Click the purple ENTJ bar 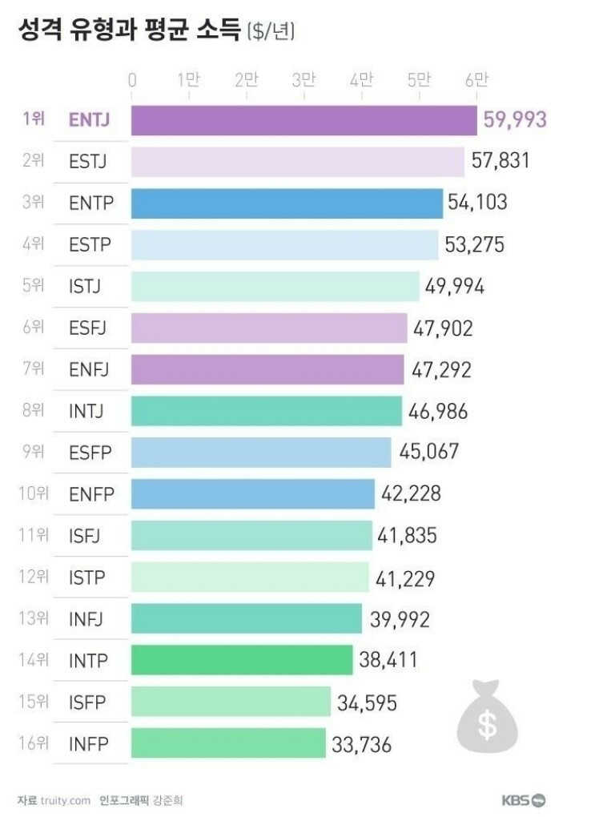click(304, 120)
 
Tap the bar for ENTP click(287, 203)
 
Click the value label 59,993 click(515, 120)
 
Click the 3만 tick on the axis click(304, 80)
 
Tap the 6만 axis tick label click(476, 80)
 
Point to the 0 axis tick click(132, 80)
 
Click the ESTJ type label click(88, 162)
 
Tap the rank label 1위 click(34, 120)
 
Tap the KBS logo click(524, 799)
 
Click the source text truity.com click(65, 799)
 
